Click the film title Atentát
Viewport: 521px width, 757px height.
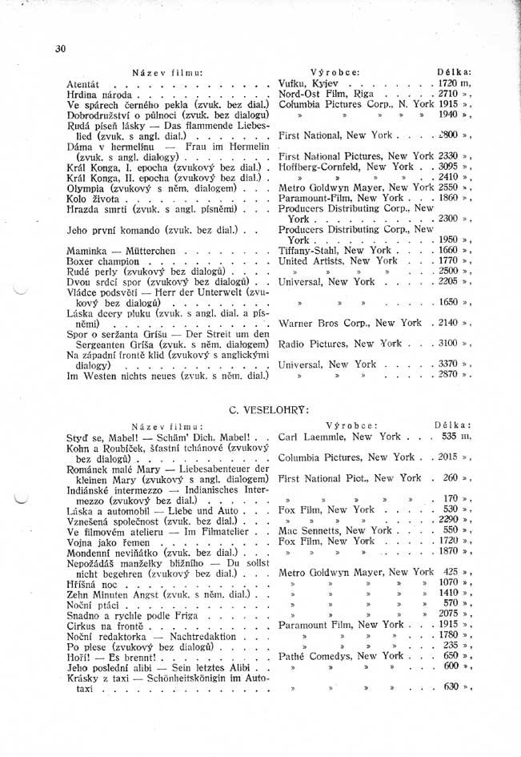click(83, 83)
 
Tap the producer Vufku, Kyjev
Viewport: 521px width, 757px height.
click(309, 83)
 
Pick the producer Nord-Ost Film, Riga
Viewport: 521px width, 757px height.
click(325, 94)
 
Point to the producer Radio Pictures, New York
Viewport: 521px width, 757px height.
click(339, 344)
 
